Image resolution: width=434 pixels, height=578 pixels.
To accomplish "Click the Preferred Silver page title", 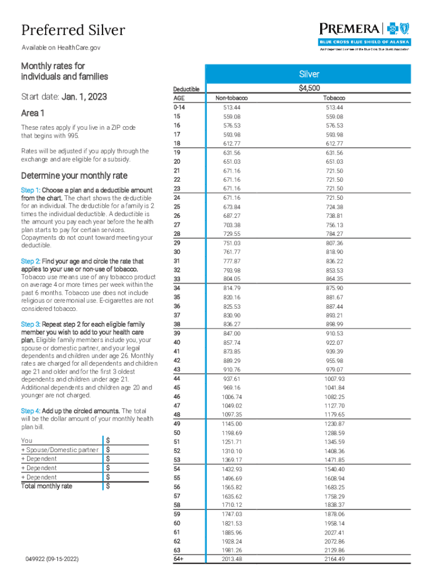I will click(x=73, y=30).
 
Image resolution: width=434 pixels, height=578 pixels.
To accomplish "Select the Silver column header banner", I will click(x=309, y=75).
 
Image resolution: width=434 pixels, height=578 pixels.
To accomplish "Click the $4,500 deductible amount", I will click(x=309, y=88).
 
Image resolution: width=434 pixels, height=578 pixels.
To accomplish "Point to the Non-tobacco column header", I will click(x=232, y=98).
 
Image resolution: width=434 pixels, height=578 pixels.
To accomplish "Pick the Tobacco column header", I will click(x=334, y=98).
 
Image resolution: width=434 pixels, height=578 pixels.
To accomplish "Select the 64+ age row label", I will click(x=179, y=559).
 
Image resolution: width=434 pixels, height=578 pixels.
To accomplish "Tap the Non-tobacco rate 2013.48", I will click(x=232, y=559).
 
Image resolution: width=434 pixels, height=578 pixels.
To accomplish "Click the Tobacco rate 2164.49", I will click(x=334, y=559).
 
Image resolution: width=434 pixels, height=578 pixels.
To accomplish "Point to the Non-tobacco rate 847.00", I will click(x=232, y=334).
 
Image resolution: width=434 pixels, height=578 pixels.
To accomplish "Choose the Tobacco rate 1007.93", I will click(x=334, y=379).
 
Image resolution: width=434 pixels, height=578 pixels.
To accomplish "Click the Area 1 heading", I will click(x=33, y=114).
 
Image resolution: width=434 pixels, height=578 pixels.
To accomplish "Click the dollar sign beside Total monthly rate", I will click(x=108, y=486).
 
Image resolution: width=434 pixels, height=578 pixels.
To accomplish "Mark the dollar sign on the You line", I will click(x=108, y=440).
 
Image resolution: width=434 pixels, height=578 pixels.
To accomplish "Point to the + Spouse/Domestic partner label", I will click(x=60, y=450).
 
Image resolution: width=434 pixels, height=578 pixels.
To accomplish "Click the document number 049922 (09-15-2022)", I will click(x=52, y=559).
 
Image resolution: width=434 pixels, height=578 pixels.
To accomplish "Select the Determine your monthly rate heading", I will click(x=74, y=175).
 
